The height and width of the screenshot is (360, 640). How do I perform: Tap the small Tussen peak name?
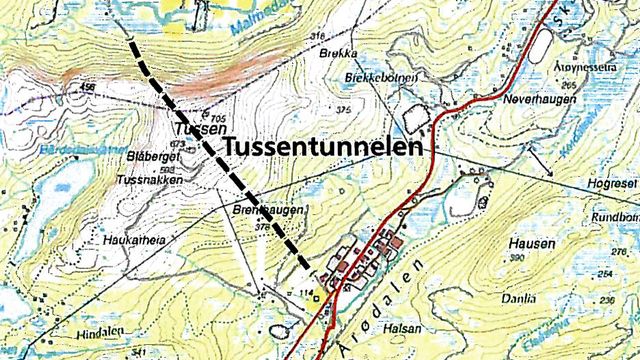tap(194, 130)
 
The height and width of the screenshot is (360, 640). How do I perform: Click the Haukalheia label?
tap(131, 241)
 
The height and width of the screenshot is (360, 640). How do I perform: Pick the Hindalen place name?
tap(98, 330)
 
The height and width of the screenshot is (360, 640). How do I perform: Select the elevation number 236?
tap(605, 300)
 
